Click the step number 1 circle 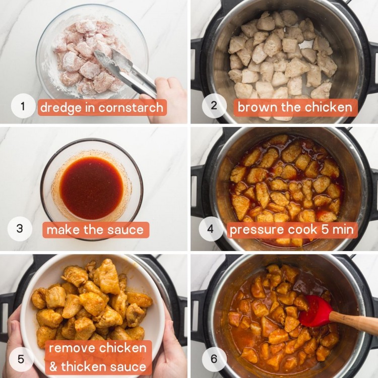[x=23, y=106]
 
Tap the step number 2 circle [x=213, y=106]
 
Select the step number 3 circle [x=20, y=229]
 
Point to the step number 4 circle [x=211, y=229]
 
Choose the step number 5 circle [x=21, y=359]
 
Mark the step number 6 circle [x=214, y=359]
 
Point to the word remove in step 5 [x=74, y=348]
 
